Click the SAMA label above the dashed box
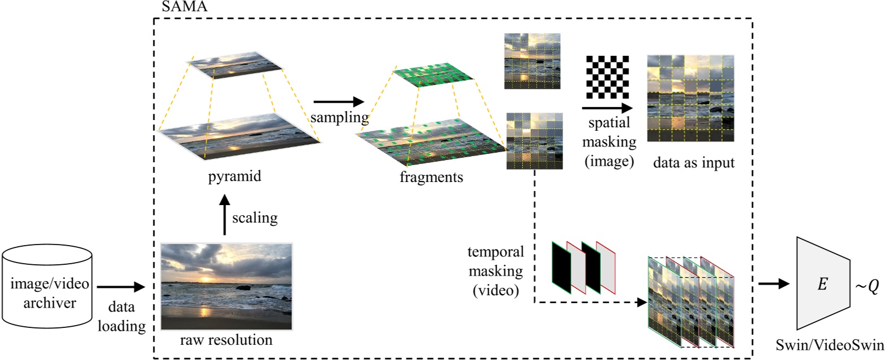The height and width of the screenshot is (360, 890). point(184,7)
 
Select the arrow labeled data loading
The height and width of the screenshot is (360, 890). point(121,287)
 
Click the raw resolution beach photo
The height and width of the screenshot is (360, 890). point(227,286)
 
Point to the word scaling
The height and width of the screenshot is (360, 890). point(255,217)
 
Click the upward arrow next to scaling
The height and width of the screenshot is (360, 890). point(224,215)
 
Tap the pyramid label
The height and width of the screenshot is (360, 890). point(234,176)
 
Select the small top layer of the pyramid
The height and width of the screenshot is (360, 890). point(236,65)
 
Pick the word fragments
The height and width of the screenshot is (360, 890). point(431,177)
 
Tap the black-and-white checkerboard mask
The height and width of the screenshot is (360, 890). point(607,77)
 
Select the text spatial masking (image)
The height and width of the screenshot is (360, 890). point(609,142)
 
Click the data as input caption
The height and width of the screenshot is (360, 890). point(693,163)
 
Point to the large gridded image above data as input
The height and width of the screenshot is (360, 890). point(690,98)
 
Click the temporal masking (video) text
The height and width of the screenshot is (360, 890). point(495,271)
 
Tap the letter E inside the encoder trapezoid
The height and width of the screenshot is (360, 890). point(822,284)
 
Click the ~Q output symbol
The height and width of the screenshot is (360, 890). point(867,286)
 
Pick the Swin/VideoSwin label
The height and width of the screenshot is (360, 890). point(830,345)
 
